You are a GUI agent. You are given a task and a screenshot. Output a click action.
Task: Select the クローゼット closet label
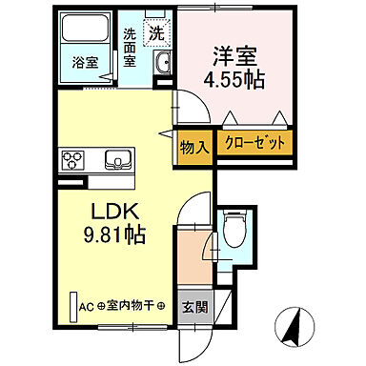(x=254, y=145)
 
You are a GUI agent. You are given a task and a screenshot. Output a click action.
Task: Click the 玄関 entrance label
(x=193, y=307)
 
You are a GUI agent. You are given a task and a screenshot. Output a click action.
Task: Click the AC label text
(x=86, y=307)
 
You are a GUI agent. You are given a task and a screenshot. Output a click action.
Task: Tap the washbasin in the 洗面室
(x=163, y=64)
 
